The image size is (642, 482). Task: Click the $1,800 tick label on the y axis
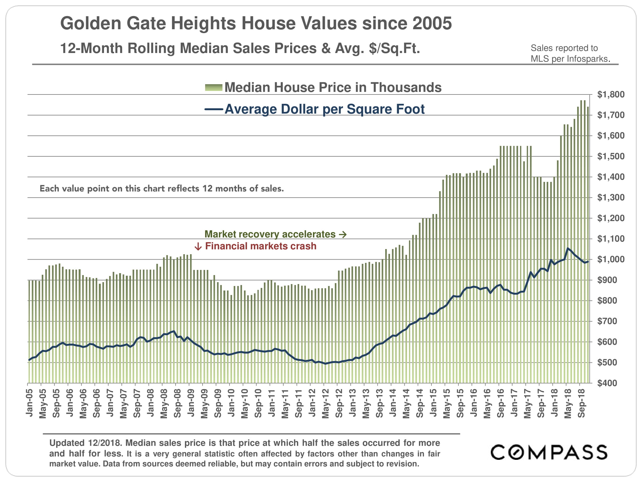pos(611,94)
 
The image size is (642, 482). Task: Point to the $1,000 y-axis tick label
pos(611,259)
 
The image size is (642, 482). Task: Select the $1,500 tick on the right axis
pos(611,156)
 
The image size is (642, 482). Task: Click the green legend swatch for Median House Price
pos(213,87)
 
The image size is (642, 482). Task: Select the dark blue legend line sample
pos(213,110)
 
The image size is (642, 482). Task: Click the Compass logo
pos(549,452)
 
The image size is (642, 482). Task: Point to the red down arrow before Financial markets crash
pos(198,246)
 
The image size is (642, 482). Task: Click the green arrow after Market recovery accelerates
pos(343,235)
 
